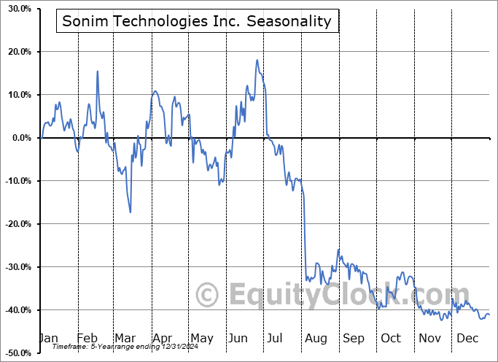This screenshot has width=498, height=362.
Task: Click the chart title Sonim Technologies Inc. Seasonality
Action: tap(197, 21)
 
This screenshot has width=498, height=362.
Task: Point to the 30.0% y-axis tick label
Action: tap(16, 9)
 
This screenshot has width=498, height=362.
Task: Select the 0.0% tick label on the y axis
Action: tap(18, 138)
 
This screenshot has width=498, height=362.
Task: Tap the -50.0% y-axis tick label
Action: tap(15, 353)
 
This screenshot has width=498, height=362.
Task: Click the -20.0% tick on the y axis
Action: tap(15, 224)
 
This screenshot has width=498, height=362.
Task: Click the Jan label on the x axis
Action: tap(48, 338)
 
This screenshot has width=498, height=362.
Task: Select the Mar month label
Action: tap(125, 338)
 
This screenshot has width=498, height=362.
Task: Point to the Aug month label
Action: tap(316, 338)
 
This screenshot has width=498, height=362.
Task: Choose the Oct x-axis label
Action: tap(391, 338)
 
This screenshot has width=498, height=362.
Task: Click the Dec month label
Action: tap(467, 338)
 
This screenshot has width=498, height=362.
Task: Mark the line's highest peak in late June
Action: tap(257, 61)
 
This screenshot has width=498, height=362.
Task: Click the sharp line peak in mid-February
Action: tap(98, 71)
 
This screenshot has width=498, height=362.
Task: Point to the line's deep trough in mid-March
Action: tap(131, 212)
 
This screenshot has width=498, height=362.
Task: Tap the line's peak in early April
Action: tap(155, 92)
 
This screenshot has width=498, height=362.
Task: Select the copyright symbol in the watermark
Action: tap(208, 296)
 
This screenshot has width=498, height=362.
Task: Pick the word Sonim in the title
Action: tap(82, 21)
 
